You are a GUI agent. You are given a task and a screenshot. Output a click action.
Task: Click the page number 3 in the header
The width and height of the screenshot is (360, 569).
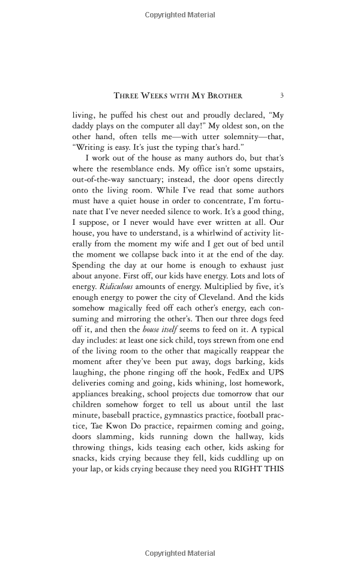281,95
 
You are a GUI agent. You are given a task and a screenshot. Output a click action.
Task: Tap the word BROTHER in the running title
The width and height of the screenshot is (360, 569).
223,95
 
